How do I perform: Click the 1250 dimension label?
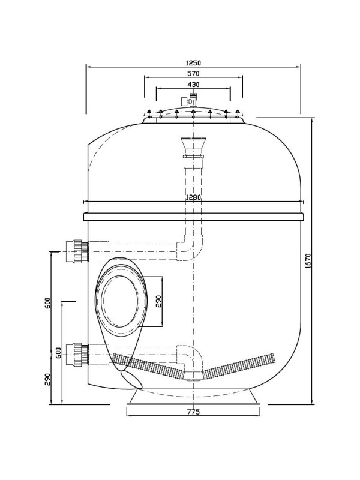pos(193,63)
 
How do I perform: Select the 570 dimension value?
pos(193,73)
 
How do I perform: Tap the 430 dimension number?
pos(193,85)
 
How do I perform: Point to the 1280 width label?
pos(193,197)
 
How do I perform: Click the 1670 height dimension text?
pos(308,261)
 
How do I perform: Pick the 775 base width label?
pos(193,412)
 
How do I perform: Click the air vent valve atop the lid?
pos(190,100)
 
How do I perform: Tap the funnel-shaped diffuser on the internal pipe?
pos(193,146)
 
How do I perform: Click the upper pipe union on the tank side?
pos(77,251)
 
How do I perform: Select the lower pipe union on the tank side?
pos(77,355)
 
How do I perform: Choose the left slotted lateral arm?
pos(148,365)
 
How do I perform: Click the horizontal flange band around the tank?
pos(194,217)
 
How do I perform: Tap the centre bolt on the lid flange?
pos(193,112)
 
